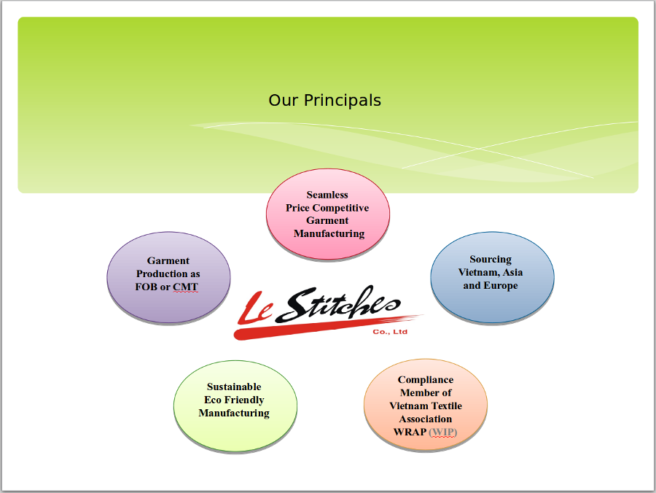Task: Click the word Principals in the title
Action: pos(343,101)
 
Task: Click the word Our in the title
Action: pos(284,101)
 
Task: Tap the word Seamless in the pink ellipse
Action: pos(327,195)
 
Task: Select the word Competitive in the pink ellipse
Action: pos(340,208)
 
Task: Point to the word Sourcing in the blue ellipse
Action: pos(491,260)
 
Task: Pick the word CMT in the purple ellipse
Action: pos(185,287)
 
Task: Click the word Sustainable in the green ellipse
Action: pos(234,387)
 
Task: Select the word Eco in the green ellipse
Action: pos(213,400)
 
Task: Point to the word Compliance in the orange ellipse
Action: pos(426,380)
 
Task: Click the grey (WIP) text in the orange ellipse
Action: pos(443,432)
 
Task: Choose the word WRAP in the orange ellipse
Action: pos(410,432)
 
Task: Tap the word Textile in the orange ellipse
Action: pos(445,406)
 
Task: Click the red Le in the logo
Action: pos(255,309)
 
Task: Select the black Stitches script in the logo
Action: pos(338,304)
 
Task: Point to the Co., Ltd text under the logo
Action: pos(390,332)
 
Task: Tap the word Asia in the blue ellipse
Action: pos(512,273)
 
